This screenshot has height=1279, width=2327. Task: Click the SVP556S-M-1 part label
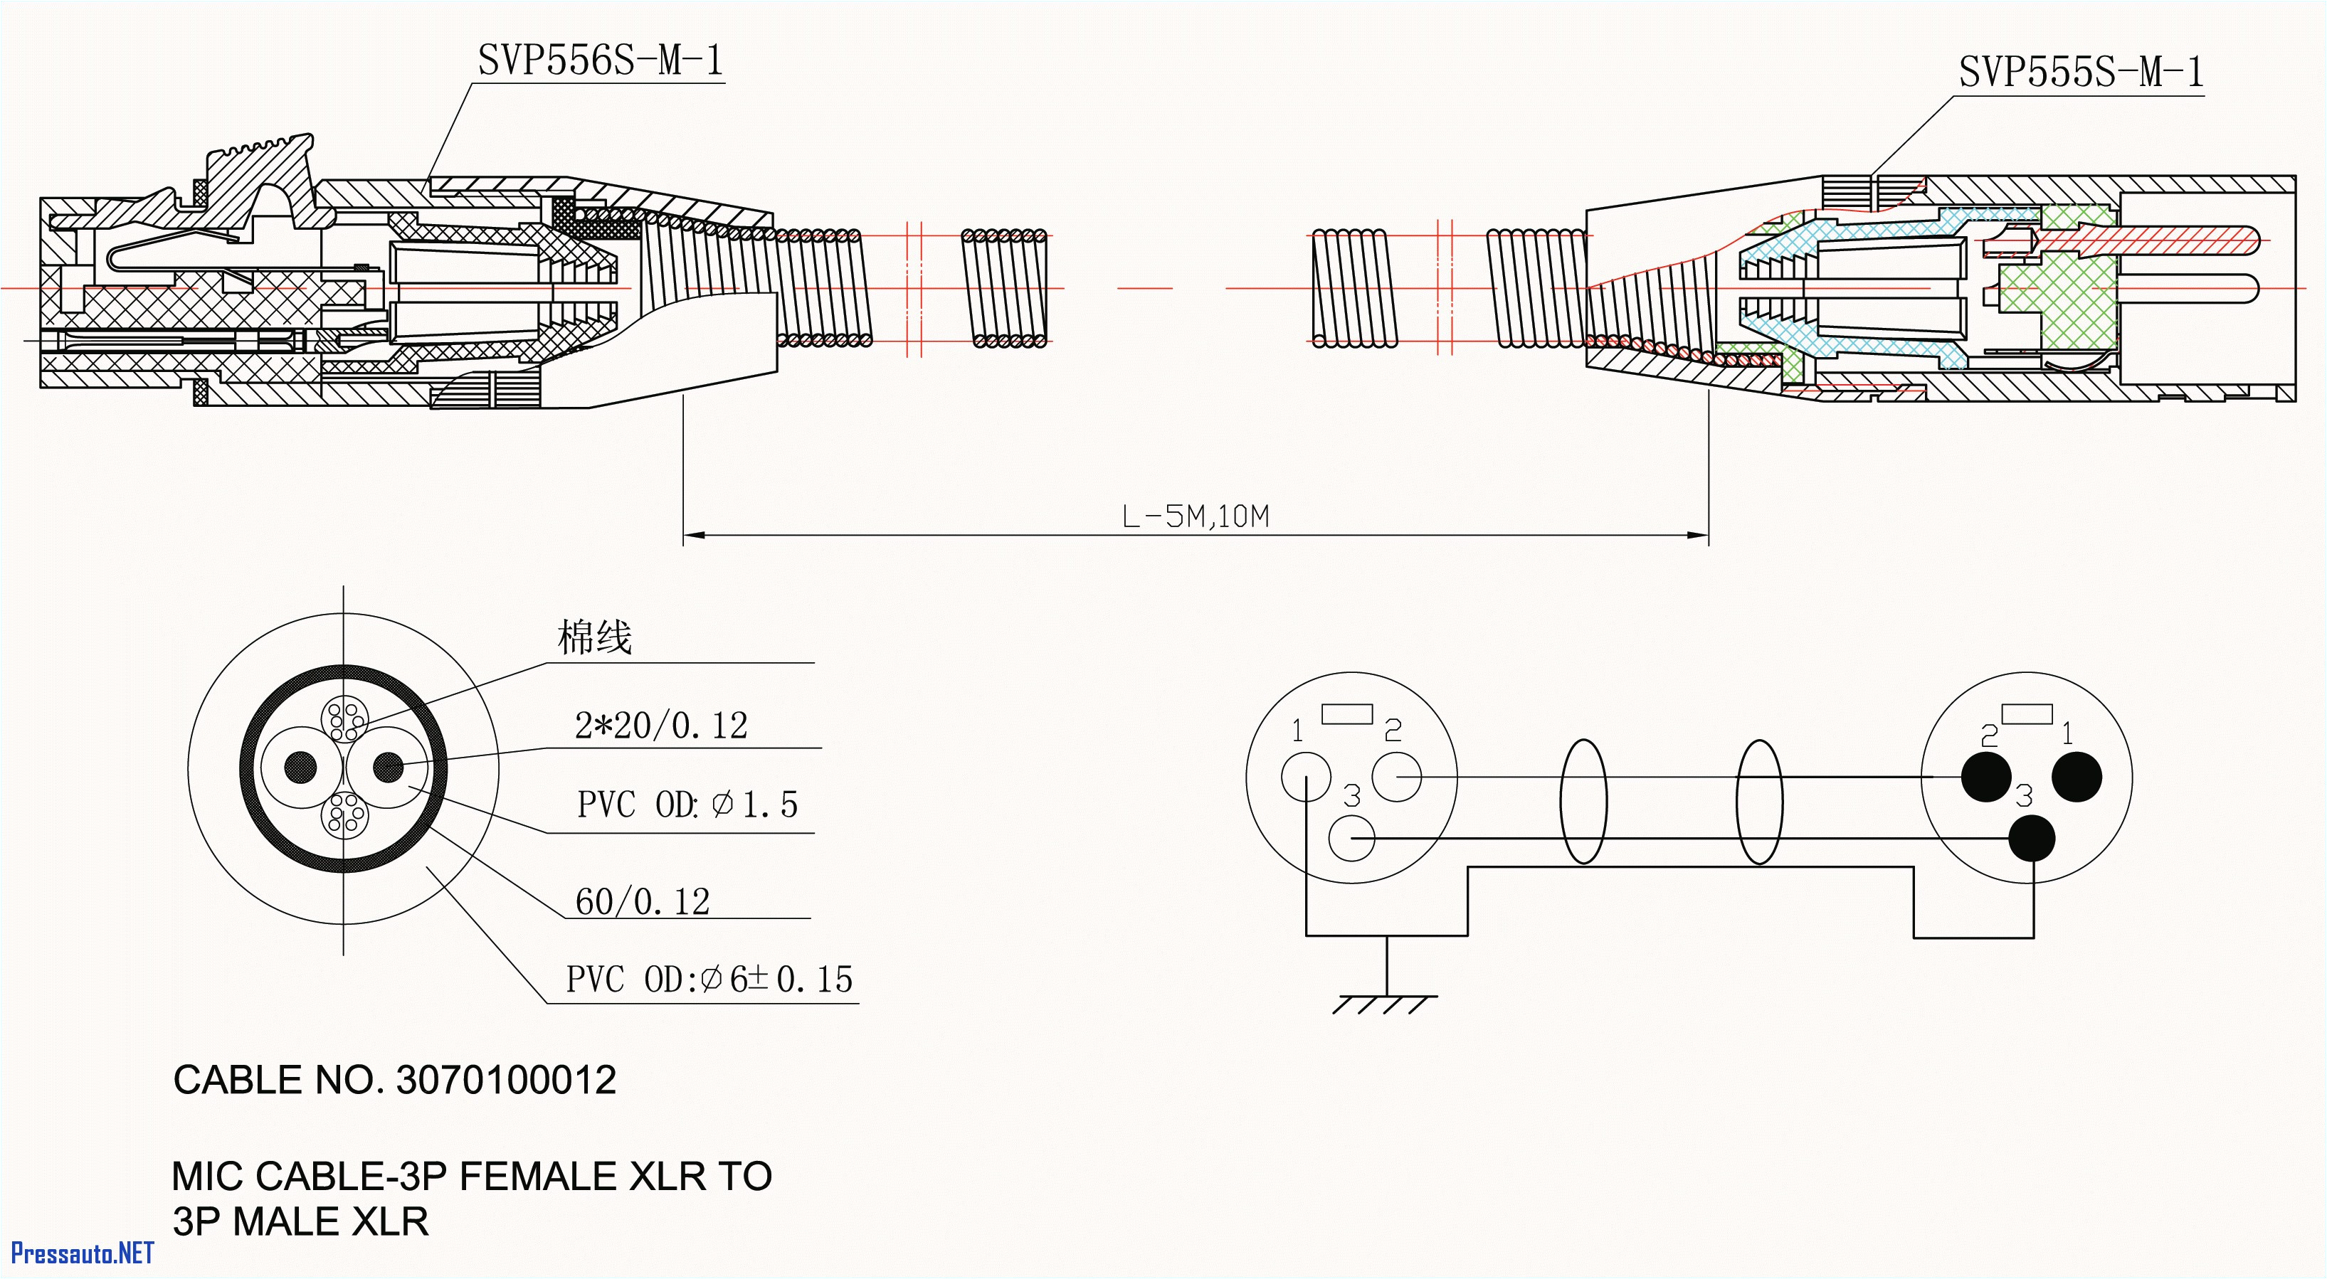(x=600, y=61)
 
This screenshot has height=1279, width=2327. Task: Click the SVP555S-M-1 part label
(x=2080, y=73)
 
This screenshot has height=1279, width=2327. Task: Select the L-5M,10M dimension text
(x=1195, y=516)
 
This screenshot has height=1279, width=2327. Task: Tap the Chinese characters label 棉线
(x=594, y=637)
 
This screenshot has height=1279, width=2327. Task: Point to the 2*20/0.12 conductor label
(x=661, y=726)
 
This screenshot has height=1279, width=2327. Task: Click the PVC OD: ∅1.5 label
(x=687, y=805)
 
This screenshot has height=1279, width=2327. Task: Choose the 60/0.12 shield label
(x=643, y=901)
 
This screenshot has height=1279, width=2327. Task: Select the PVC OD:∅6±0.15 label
(x=709, y=979)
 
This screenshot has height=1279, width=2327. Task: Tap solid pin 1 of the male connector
(x=2077, y=776)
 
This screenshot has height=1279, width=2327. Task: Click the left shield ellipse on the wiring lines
(x=1583, y=801)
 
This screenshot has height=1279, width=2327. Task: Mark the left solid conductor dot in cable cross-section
(x=301, y=768)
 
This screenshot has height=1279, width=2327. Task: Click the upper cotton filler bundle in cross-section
(x=344, y=720)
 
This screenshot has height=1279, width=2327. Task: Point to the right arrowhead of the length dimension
(x=1700, y=536)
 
